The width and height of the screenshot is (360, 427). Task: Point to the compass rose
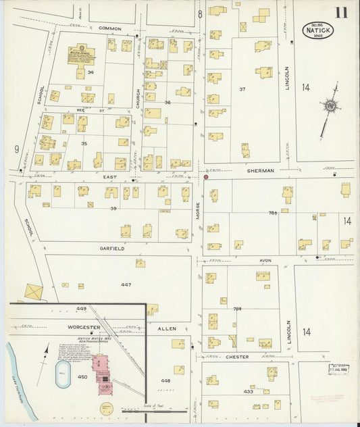tap(330, 106)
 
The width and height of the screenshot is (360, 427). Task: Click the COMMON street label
tap(109, 28)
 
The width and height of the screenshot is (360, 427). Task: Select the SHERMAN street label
tap(260, 171)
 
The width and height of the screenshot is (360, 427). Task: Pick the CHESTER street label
tap(237, 357)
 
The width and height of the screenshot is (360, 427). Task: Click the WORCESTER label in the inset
tap(66, 328)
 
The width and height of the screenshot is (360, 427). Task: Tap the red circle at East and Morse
tap(206, 177)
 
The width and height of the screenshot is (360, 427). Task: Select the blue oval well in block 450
tap(62, 373)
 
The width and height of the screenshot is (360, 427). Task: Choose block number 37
tap(242, 89)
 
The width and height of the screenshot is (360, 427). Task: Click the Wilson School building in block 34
tap(81, 54)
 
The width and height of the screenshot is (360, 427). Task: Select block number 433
tap(249, 391)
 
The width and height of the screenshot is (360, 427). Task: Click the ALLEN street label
tap(167, 328)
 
